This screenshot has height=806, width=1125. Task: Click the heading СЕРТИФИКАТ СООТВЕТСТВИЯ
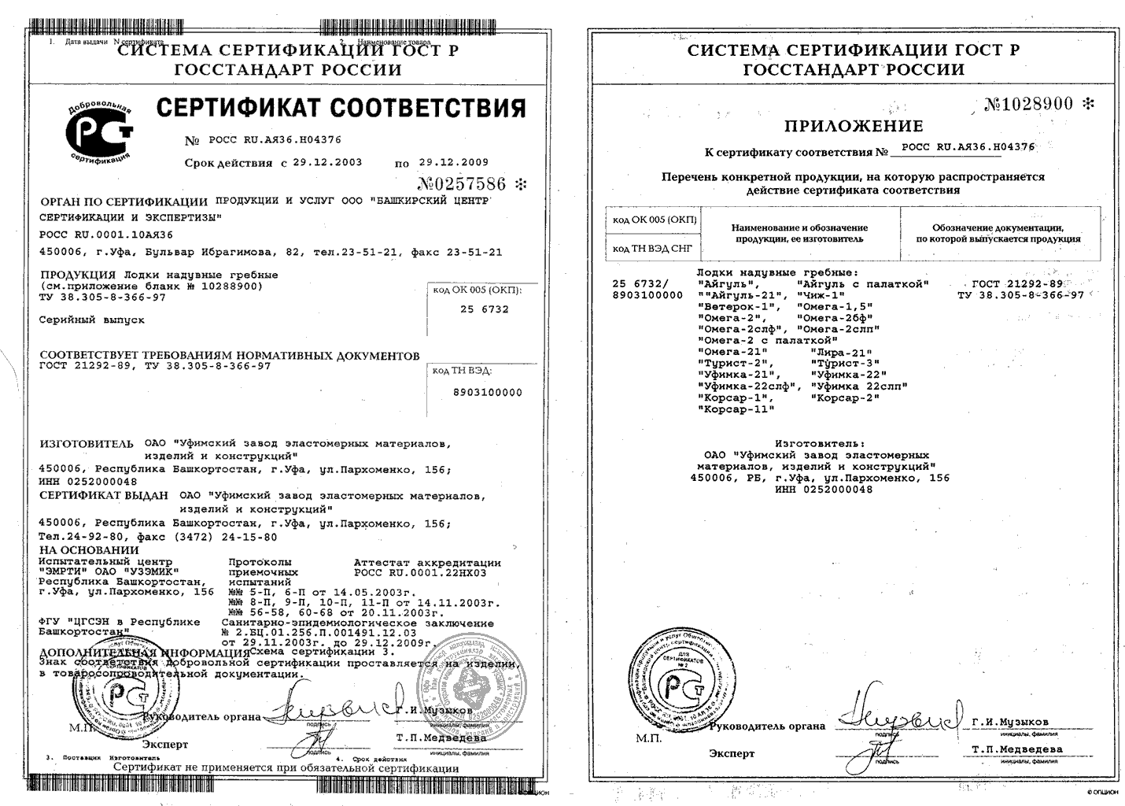tap(340, 108)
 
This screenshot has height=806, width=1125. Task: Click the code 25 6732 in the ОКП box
tap(484, 309)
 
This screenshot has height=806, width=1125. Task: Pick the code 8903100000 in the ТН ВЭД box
tap(488, 392)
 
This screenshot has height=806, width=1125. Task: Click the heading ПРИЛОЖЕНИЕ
tap(854, 126)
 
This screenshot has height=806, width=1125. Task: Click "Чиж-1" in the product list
tap(821, 294)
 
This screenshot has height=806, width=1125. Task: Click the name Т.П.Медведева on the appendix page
tap(1016, 749)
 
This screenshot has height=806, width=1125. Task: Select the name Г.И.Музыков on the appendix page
tap(1009, 722)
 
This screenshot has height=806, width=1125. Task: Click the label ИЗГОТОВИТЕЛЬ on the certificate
tap(87, 444)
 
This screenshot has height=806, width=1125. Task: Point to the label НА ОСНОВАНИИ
tap(89, 550)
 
